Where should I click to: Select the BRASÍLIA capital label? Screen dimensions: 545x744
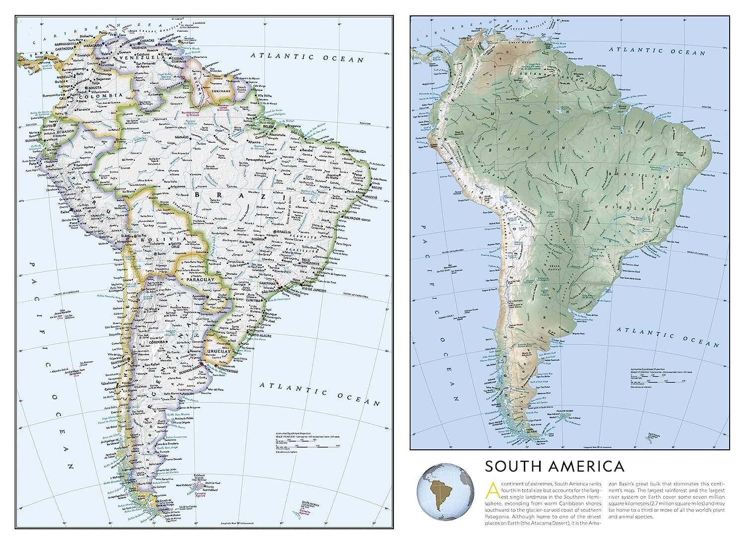coord(284,232)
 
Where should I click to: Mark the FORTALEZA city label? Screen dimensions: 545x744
coord(357,151)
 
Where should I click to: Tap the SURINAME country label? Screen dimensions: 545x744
coord(221,91)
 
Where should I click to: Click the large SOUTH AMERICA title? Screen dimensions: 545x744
coord(554,467)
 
